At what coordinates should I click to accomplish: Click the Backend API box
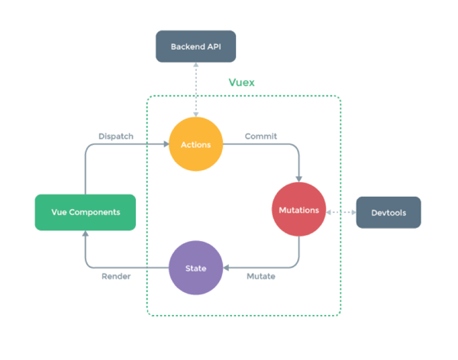[x=196, y=46]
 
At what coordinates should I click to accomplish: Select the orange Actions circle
[x=196, y=143]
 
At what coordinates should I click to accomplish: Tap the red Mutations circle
[x=298, y=210]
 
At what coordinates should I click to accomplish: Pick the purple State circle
[x=196, y=268]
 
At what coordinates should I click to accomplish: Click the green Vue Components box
[x=85, y=211]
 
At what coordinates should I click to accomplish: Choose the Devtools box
[x=389, y=211]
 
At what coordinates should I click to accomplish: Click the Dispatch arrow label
[x=116, y=137]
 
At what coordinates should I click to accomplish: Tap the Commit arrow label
[x=260, y=137]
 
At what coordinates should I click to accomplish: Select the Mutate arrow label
[x=260, y=276]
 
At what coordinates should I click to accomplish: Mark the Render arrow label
[x=116, y=276]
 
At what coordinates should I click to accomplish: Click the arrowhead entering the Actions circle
[x=166, y=144]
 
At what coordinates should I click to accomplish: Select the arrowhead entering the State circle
[x=226, y=268]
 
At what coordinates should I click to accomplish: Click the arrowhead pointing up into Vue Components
[x=85, y=234]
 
